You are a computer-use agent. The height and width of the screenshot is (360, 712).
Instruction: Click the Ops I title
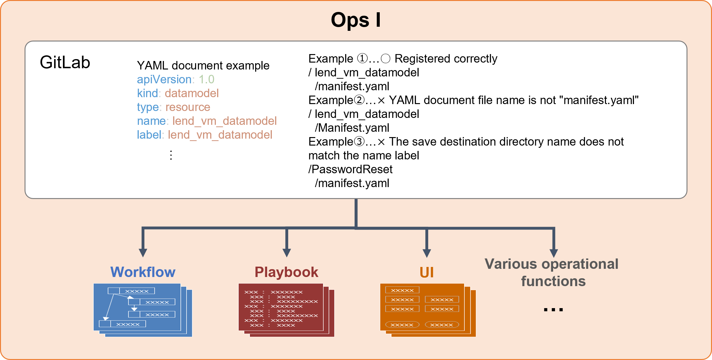[356, 20]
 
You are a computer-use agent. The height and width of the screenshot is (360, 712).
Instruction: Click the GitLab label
[65, 62]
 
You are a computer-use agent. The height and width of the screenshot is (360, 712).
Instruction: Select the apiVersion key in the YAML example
[164, 79]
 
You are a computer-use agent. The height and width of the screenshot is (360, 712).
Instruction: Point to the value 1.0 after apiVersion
[206, 79]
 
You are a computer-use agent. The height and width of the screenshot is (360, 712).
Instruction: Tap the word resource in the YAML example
[188, 107]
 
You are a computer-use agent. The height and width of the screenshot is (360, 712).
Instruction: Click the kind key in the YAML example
[147, 93]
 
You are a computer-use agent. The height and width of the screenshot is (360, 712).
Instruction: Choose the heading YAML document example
[203, 65]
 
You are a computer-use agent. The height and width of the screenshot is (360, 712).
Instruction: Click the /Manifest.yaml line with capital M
[352, 128]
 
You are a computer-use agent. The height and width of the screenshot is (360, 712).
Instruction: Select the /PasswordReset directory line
[350, 169]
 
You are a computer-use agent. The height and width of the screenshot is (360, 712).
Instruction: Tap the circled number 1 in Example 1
[362, 58]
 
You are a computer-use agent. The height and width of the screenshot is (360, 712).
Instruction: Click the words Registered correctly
[446, 58]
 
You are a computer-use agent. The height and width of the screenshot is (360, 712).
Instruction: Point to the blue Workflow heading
[143, 272]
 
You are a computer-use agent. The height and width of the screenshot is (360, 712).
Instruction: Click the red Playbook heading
[286, 272]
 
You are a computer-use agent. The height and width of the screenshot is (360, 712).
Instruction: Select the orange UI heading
[427, 272]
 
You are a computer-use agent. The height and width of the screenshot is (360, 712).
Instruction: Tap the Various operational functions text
[552, 272]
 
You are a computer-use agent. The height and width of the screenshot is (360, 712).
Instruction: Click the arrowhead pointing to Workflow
[143, 252]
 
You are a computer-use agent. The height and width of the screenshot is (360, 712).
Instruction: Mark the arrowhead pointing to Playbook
[286, 252]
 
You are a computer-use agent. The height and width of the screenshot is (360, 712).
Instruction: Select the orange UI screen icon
[427, 310]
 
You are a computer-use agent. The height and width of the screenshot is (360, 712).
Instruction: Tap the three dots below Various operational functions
[553, 309]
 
